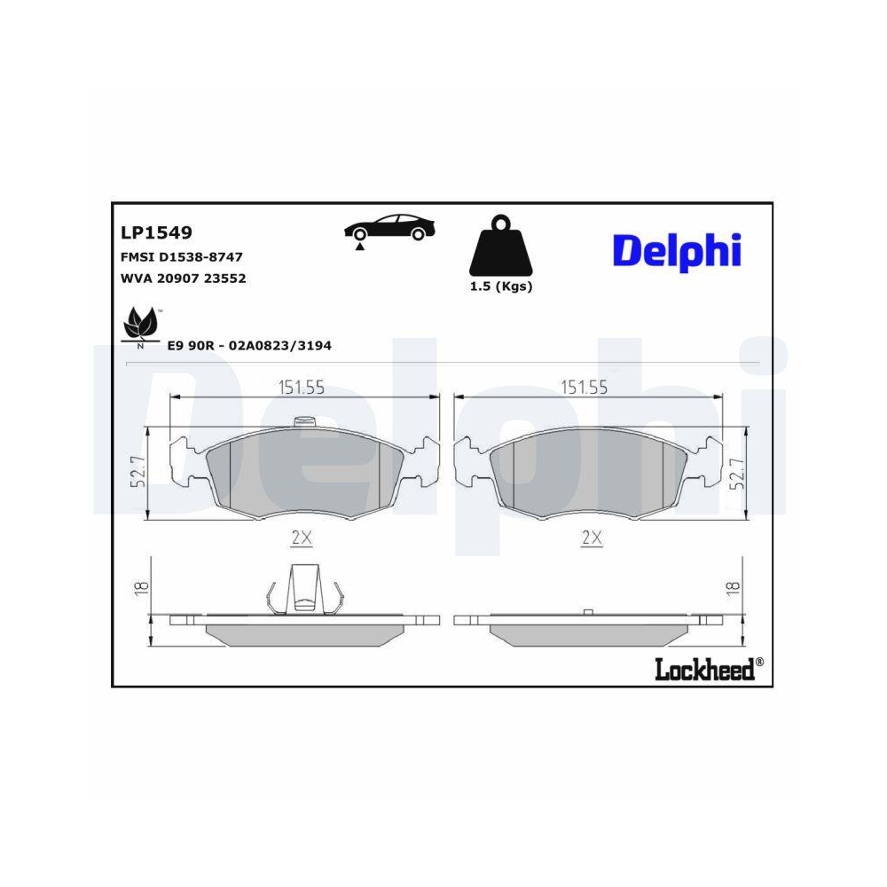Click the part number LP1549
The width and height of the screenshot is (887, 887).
coord(156,233)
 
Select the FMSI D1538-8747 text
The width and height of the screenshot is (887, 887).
coord(181,256)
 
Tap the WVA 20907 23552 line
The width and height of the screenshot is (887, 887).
coord(182,278)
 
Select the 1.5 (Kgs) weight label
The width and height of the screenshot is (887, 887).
coord(500,287)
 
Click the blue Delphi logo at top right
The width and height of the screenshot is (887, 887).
coord(676,250)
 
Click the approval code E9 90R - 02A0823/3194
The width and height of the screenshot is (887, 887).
coord(249,345)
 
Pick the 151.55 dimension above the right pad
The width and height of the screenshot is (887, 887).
coord(584,386)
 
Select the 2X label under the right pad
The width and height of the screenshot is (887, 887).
coord(592,537)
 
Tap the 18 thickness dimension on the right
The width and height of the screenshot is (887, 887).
coord(734,586)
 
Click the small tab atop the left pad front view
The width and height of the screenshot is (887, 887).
coord(304,423)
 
